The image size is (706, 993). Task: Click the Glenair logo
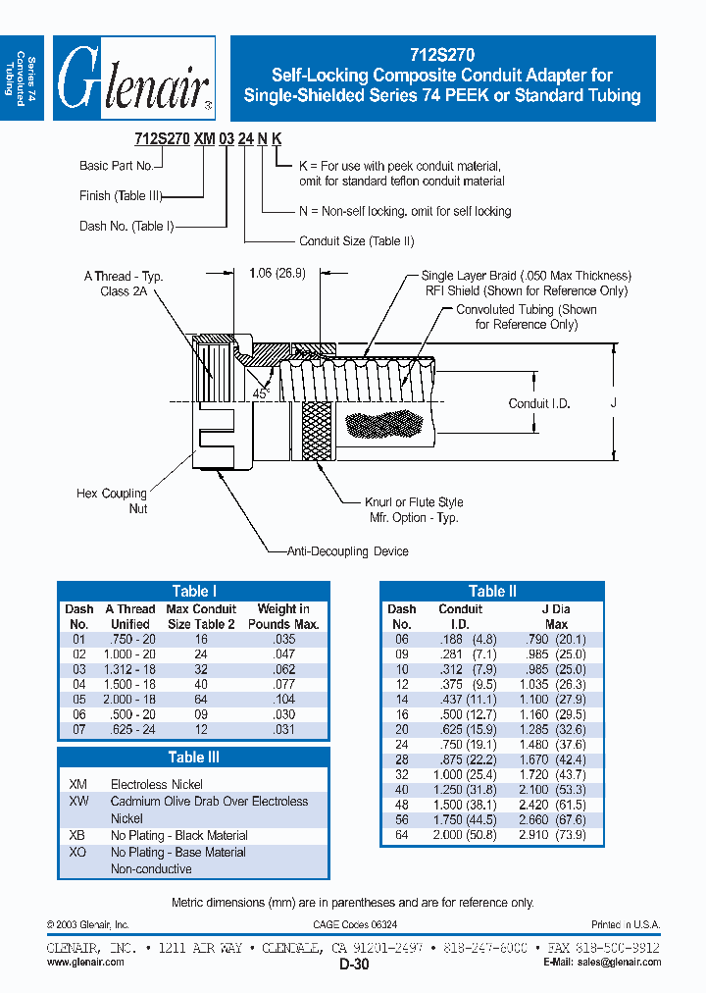coord(134,78)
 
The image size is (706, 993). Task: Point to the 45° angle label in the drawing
coord(261,392)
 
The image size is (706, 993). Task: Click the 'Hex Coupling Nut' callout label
coord(112,500)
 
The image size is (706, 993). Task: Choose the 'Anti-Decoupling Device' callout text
coord(348,551)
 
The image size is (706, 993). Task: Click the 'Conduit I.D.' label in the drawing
coord(538,403)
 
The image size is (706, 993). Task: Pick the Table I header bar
coord(193,591)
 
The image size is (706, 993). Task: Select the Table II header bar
coord(491,591)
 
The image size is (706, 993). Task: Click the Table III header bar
coord(193,757)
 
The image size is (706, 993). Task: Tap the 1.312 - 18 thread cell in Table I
coord(130,669)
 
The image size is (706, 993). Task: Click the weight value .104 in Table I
coord(283,700)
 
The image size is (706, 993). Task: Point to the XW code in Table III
coord(78,802)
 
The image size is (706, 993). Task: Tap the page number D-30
coord(354,966)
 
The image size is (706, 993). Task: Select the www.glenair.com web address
coord(85,963)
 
